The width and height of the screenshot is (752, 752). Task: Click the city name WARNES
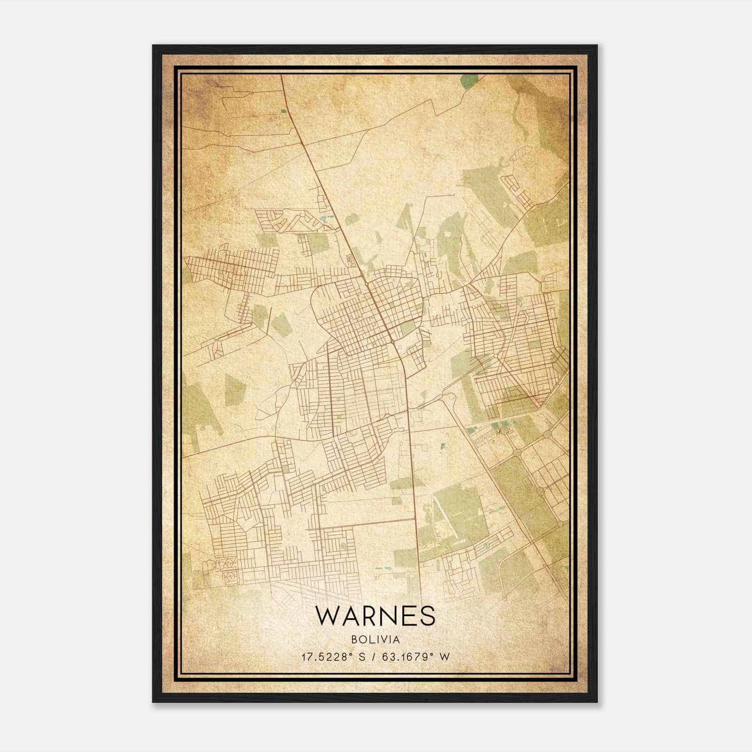pos(375,616)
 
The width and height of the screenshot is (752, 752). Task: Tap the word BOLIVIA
pos(375,640)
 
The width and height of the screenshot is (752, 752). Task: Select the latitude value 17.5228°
pos(328,657)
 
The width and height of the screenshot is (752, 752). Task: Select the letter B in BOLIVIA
pos(353,640)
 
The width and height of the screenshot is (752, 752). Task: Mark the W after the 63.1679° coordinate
pos(444,657)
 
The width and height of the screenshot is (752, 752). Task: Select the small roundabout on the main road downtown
pos(366,285)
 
